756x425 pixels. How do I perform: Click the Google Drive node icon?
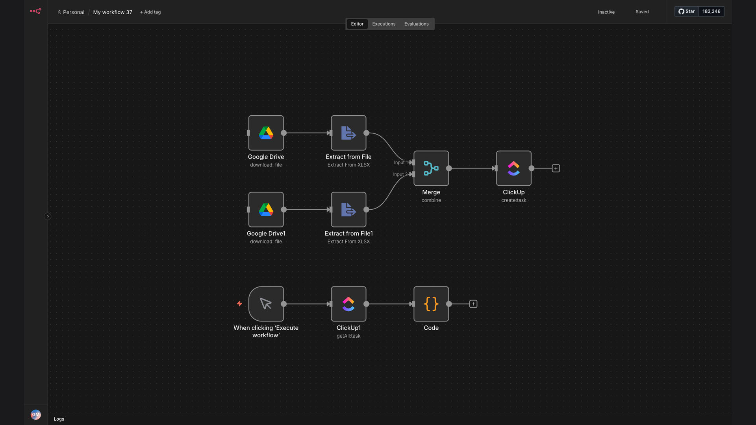(266, 133)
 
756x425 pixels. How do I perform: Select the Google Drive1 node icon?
(266, 210)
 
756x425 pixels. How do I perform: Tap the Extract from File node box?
(348, 133)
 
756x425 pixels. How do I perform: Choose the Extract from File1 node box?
(348, 210)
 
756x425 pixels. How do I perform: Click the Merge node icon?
(431, 168)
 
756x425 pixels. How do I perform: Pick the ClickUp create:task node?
(514, 168)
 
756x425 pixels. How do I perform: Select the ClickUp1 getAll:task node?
(348, 304)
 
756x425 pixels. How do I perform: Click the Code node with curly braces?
(431, 304)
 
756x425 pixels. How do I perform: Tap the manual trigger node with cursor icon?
(266, 304)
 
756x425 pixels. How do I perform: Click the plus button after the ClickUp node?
(556, 168)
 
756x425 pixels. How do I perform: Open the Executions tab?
(384, 24)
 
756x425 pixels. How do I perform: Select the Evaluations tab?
(416, 24)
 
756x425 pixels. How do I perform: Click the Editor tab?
(357, 24)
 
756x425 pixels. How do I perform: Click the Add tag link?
(150, 12)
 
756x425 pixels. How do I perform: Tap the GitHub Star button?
(687, 11)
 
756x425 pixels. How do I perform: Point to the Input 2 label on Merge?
(400, 174)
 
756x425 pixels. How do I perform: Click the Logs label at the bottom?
(59, 419)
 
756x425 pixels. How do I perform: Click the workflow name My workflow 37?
(113, 12)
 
